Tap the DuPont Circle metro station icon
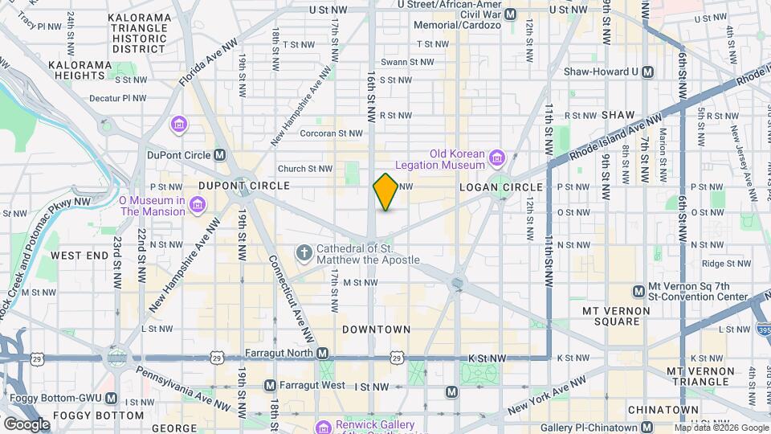tap(219, 155)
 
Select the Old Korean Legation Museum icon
tap(496, 155)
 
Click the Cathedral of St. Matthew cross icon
tap(304, 254)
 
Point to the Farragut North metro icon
tap(322, 354)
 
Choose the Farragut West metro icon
tap(270, 386)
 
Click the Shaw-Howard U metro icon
tap(649, 72)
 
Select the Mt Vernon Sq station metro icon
tap(638, 290)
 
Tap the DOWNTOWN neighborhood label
tap(376, 330)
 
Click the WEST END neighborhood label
tap(80, 256)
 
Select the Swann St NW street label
tap(407, 62)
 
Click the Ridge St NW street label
tap(725, 263)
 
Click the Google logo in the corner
tap(27, 424)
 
